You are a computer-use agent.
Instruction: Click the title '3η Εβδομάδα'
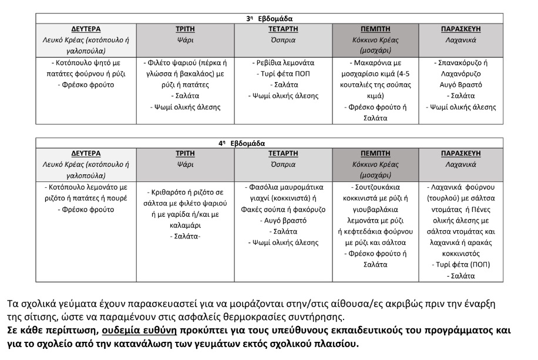pyautogui.click(x=268, y=18)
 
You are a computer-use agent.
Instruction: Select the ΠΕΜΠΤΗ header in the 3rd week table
pyautogui.click(x=375, y=29)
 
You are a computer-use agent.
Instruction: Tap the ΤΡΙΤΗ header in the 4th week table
pyautogui.click(x=185, y=153)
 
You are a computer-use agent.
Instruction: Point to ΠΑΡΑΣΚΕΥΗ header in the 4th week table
pyautogui.click(x=461, y=153)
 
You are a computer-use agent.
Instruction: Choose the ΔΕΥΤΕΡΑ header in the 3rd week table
pyautogui.click(x=86, y=29)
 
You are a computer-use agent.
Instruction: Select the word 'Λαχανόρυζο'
pyautogui.click(x=461, y=74)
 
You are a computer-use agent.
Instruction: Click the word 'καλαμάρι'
pyautogui.click(x=186, y=225)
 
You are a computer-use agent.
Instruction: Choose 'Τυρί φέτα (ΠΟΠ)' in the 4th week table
pyautogui.click(x=461, y=264)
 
